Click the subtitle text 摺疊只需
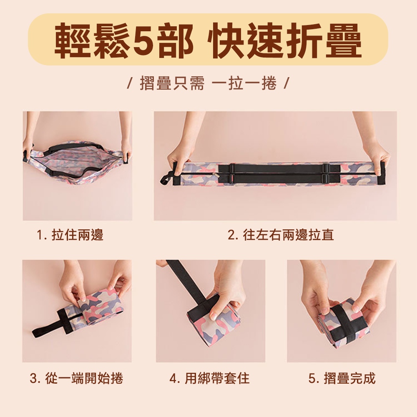coord(172,83)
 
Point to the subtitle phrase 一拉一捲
coord(244,83)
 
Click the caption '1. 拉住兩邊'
coord(70,235)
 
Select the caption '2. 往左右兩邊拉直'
coord(281,235)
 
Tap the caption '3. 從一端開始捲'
coord(77,378)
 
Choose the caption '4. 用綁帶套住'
coord(210,378)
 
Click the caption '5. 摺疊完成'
coord(342,378)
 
